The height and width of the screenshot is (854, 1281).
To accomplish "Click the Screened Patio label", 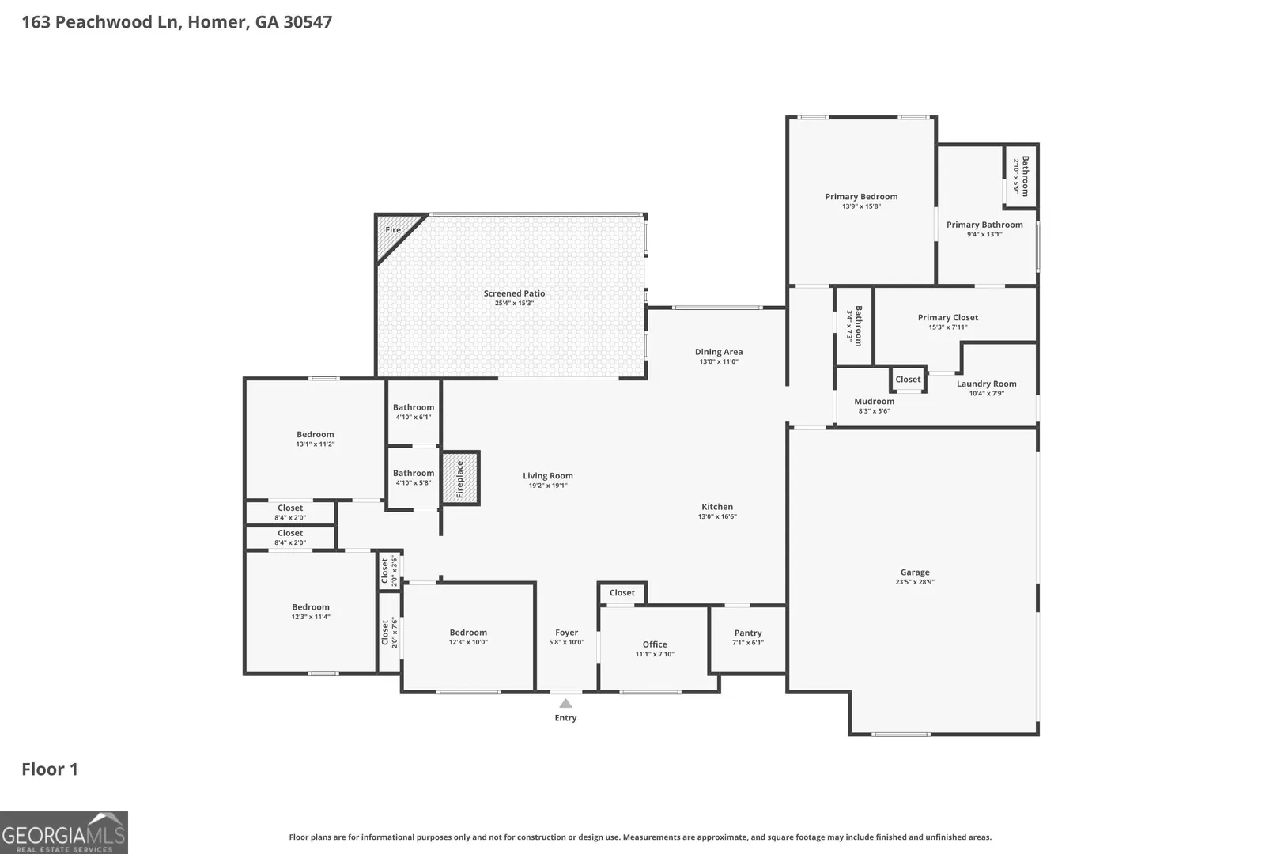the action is (514, 293).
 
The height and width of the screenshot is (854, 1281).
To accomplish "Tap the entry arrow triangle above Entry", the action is (565, 703).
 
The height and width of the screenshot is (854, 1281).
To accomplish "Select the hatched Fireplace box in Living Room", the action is (460, 478).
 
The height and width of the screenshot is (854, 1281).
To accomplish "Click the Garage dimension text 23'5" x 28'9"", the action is (915, 582).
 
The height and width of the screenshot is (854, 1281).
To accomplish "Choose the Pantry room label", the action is (748, 633).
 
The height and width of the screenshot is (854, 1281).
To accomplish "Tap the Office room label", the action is (655, 644).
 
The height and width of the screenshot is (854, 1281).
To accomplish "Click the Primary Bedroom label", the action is (861, 197).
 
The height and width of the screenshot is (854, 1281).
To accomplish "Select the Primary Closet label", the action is (948, 317).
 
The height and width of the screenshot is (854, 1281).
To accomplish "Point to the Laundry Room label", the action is (987, 384).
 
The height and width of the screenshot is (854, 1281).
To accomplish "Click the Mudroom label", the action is (875, 402).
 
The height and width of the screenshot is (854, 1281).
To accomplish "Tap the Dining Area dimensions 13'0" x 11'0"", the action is (719, 361).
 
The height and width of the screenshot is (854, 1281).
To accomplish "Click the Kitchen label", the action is (717, 507).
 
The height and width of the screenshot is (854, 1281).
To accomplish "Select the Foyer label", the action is (567, 633).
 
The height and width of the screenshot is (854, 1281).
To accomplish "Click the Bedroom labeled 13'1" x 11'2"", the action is (315, 435).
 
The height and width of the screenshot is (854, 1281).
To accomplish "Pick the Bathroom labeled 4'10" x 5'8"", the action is (414, 473).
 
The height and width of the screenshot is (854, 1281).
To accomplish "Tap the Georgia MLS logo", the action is (64, 833).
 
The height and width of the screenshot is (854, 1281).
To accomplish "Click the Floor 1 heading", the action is (50, 769).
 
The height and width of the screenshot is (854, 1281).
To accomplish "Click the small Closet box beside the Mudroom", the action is (908, 380).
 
